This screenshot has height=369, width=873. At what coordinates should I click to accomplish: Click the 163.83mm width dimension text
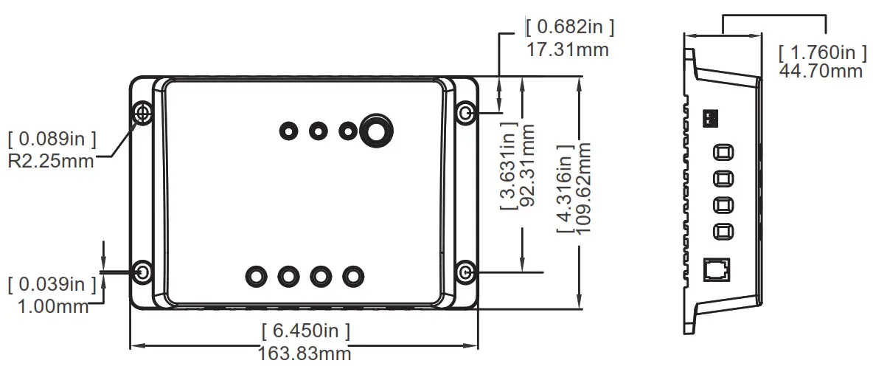click(305, 354)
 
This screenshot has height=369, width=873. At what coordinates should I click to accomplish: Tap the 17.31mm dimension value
click(568, 50)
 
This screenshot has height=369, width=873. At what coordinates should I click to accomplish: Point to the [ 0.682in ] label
click(570, 27)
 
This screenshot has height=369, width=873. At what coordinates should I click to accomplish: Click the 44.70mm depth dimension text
click(821, 71)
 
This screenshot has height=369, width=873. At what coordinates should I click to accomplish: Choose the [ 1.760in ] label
click(823, 52)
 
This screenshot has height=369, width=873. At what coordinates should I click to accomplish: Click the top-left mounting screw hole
click(143, 112)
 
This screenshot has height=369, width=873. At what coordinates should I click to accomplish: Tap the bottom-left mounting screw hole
click(143, 272)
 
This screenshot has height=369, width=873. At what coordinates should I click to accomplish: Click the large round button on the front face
click(376, 130)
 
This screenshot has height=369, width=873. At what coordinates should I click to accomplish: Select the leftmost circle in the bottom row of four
click(256, 276)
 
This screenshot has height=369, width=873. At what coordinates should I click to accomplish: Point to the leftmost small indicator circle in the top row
click(288, 131)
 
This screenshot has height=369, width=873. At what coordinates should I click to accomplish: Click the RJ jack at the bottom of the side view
click(718, 270)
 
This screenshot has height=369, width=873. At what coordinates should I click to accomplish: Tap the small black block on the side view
click(711, 118)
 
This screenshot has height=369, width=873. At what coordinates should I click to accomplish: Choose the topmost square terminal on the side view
click(723, 153)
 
